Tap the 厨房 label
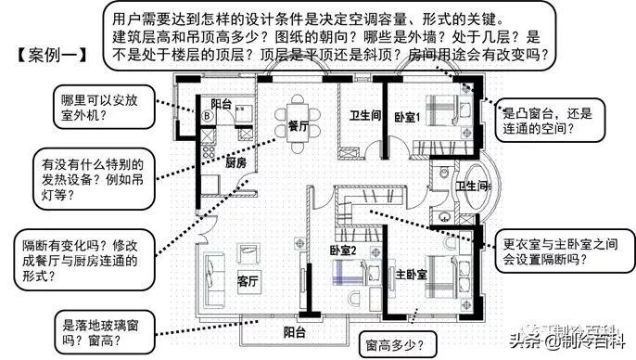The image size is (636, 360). click(x=235, y=162)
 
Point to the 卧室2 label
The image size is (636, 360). click(x=344, y=250)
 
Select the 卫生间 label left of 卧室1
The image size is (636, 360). click(x=365, y=116)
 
